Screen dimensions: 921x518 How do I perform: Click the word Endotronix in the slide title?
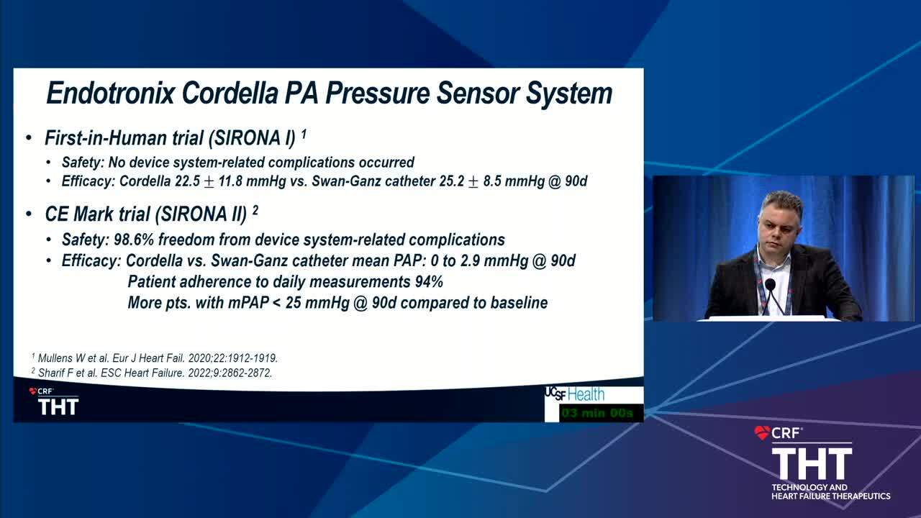click(x=111, y=93)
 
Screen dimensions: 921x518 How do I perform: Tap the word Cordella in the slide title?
click(x=230, y=93)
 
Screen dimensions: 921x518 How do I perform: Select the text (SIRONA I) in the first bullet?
click(x=252, y=138)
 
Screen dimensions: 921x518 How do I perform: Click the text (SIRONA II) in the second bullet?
click(x=201, y=214)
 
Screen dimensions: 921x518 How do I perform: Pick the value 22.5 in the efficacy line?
click(x=188, y=181)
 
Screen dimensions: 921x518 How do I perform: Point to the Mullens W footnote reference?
click(x=155, y=358)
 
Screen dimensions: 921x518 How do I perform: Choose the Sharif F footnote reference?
click(x=152, y=373)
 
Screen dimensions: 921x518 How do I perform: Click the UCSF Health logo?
click(x=575, y=394)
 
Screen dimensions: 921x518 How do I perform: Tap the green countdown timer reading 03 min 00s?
click(x=597, y=413)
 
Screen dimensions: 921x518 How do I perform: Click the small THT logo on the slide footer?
click(x=58, y=406)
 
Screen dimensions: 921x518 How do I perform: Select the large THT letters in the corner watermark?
click(x=812, y=464)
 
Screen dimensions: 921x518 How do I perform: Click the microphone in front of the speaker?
click(x=770, y=284)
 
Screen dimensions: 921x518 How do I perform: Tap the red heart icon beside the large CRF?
click(x=762, y=433)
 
